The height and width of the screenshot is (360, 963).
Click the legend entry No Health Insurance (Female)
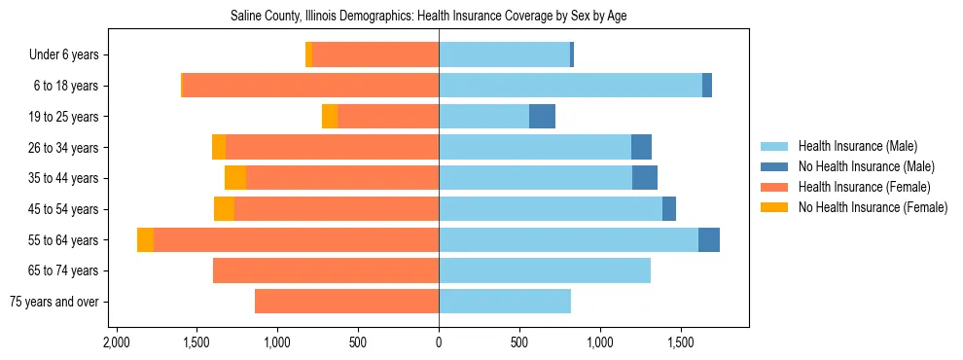(x=873, y=207)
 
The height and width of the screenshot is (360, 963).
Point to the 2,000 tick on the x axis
(x=117, y=342)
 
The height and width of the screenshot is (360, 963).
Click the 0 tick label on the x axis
(x=439, y=342)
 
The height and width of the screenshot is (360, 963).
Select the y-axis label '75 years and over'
(x=53, y=302)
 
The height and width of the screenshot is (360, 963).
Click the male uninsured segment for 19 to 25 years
(x=542, y=117)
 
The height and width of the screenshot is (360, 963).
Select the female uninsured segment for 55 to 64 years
(x=145, y=240)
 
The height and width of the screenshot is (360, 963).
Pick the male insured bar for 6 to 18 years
(x=570, y=86)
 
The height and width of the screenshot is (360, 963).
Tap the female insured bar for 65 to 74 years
(x=326, y=270)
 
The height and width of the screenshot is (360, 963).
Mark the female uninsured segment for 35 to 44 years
(x=235, y=178)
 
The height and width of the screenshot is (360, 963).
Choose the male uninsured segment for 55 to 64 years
(x=709, y=240)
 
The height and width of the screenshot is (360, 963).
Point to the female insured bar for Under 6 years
(x=375, y=55)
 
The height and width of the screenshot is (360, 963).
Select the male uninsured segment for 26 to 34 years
(x=641, y=148)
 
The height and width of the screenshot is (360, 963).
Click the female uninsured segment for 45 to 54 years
(x=224, y=209)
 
